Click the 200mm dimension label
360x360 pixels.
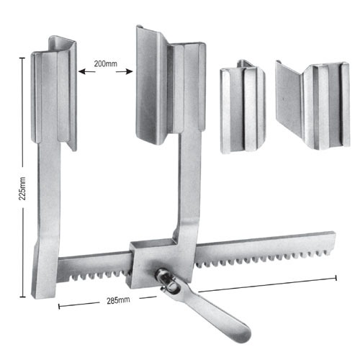[106, 64]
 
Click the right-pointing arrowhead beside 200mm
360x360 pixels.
[132, 71]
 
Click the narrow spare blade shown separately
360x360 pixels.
[243, 108]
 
